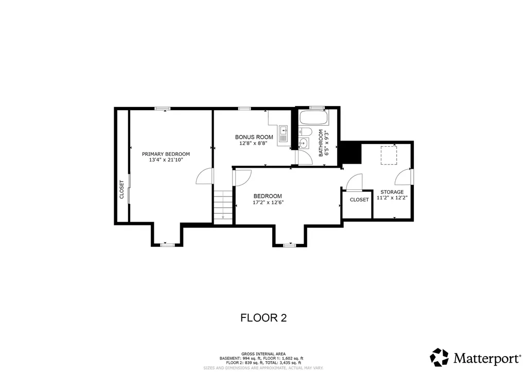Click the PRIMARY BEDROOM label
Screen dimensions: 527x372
(x=166, y=154)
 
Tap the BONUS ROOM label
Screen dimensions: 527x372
(x=254, y=137)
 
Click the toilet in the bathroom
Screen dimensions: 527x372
(x=305, y=131)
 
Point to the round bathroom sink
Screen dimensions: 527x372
(x=304, y=143)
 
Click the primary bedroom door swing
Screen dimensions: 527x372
(x=204, y=176)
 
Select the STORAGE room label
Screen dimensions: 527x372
(x=392, y=192)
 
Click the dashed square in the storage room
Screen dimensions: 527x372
(x=389, y=155)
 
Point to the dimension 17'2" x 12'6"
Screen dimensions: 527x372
(x=268, y=202)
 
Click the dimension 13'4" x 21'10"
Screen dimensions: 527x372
(x=166, y=160)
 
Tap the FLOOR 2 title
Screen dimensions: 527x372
(x=263, y=317)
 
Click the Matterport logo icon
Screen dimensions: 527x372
(x=440, y=357)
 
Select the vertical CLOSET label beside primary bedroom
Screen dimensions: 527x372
(x=121, y=189)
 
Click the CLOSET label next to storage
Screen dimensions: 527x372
(x=359, y=200)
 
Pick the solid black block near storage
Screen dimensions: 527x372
(x=351, y=153)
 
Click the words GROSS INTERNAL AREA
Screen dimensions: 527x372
(x=263, y=354)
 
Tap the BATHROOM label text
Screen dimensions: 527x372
(x=321, y=143)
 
